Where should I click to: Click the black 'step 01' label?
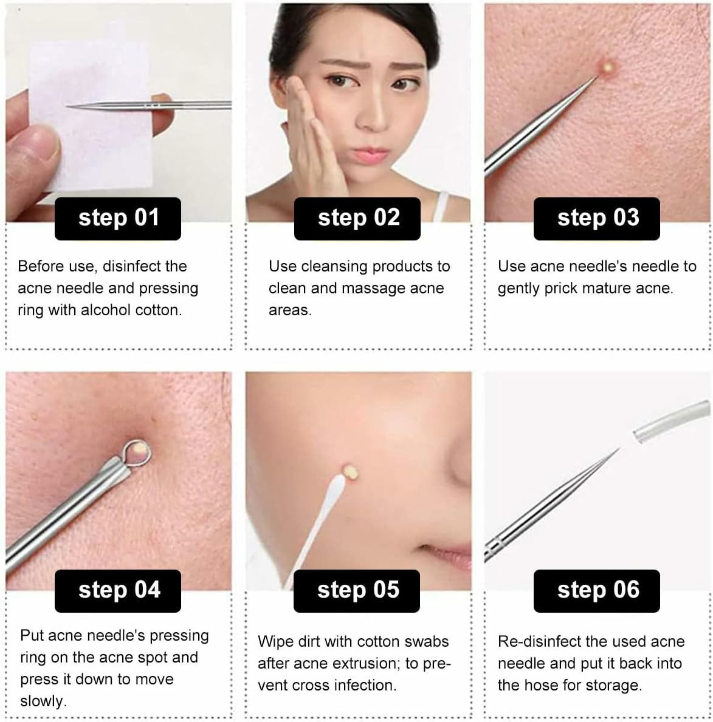tap(118, 219)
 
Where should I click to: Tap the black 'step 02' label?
tap(357, 219)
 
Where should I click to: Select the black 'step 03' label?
tap(597, 219)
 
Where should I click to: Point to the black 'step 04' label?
tap(118, 591)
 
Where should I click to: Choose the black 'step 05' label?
tap(357, 591)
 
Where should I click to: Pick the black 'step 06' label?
tap(597, 591)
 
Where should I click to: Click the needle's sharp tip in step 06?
tap(619, 449)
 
